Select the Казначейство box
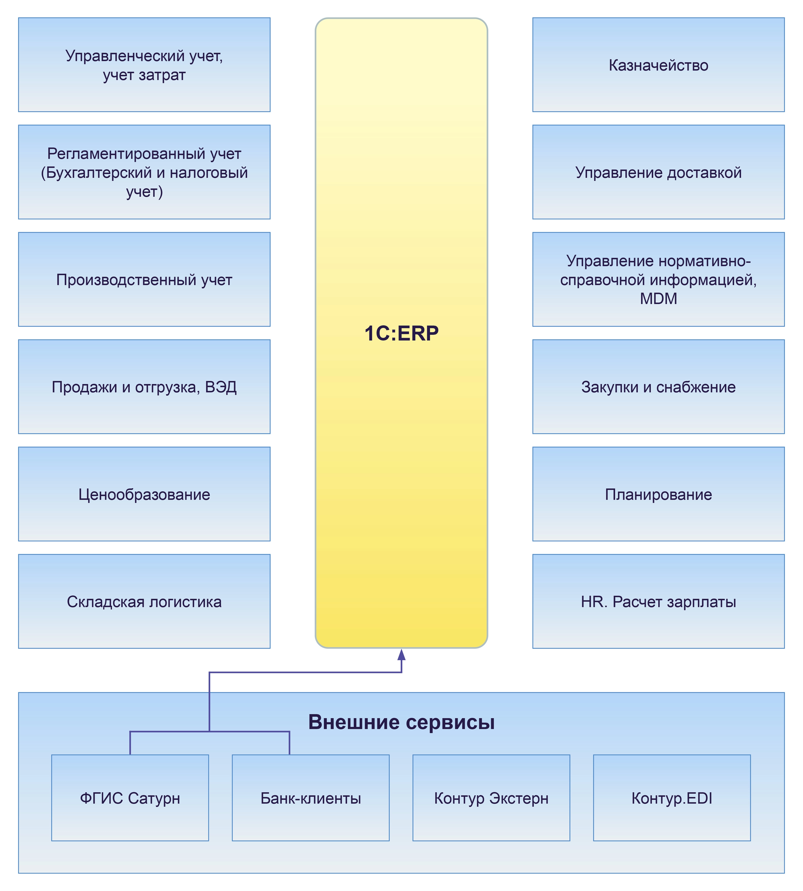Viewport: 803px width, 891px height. (658, 65)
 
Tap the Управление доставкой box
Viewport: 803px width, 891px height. (658, 172)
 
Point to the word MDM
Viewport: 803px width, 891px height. (658, 299)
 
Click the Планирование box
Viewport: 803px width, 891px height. (658, 494)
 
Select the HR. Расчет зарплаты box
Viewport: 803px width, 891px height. (658, 601)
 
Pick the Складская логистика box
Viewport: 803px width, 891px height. (144, 601)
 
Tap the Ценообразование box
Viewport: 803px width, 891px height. (144, 494)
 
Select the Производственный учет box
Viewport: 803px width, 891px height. (144, 279)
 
